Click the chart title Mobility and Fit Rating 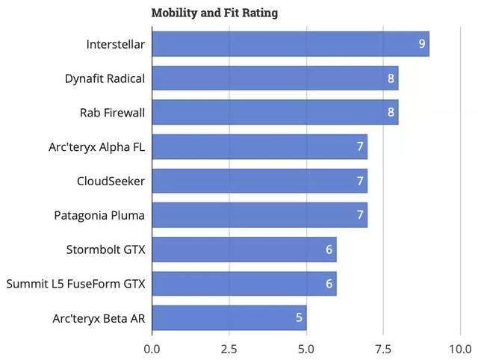click(214, 13)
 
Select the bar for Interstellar click(290, 44)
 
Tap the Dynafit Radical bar click(275, 78)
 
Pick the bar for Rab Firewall click(275, 113)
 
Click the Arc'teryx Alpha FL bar click(259, 147)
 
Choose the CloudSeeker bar click(259, 181)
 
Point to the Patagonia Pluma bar click(259, 216)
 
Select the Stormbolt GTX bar click(244, 250)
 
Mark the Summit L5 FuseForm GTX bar click(244, 284)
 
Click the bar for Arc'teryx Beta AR click(229, 318)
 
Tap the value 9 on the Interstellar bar click(422, 44)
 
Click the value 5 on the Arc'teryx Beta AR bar click(299, 318)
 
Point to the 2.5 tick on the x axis click(229, 348)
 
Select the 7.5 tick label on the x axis click(383, 348)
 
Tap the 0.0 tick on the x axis click(152, 348)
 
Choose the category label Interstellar click(116, 44)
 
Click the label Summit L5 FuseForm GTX click(75, 284)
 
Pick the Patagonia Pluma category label click(100, 216)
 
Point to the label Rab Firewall click(113, 113)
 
